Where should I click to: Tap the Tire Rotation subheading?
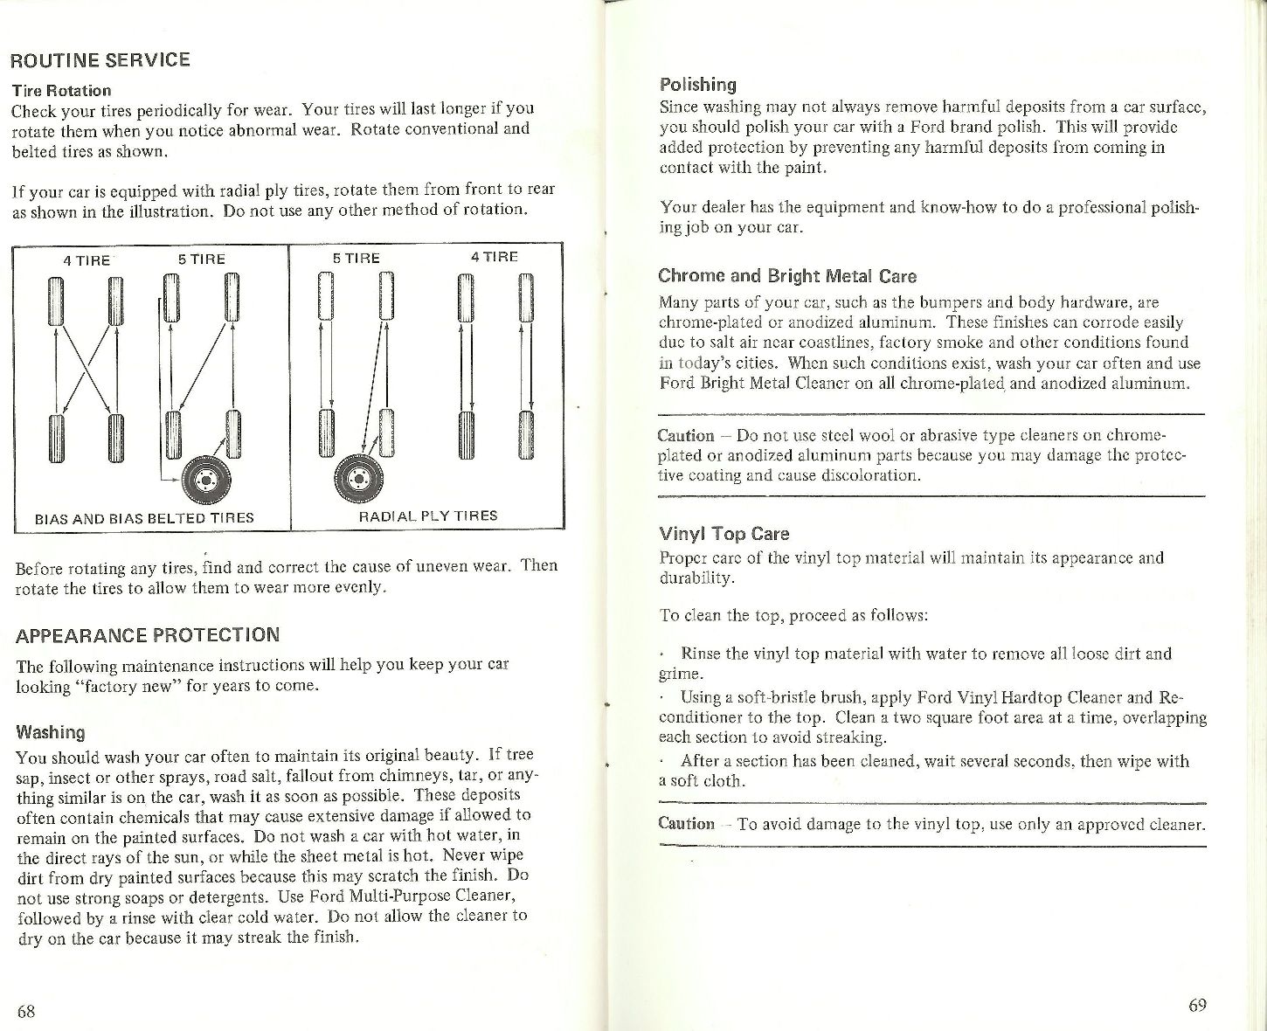coord(61,90)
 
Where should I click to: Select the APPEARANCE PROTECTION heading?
coord(148,634)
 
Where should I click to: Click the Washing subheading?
coord(51,731)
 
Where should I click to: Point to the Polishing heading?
coord(697,84)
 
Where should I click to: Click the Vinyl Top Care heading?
coord(724,533)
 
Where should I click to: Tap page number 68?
coord(26,1011)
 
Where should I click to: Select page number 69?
coord(1197,1004)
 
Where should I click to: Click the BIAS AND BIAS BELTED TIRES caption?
coord(144,517)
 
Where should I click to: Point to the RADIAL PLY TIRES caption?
coord(428,515)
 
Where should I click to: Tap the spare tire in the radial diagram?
coord(355,476)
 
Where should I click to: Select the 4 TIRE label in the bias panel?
coord(87,259)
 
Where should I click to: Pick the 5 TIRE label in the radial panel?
coord(356,259)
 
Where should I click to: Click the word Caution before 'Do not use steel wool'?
coord(686,435)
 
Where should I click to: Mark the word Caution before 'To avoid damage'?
coord(686,823)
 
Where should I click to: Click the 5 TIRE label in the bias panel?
coord(201,259)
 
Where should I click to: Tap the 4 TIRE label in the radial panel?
coord(494,257)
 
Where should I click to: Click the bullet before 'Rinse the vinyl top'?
coord(663,654)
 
